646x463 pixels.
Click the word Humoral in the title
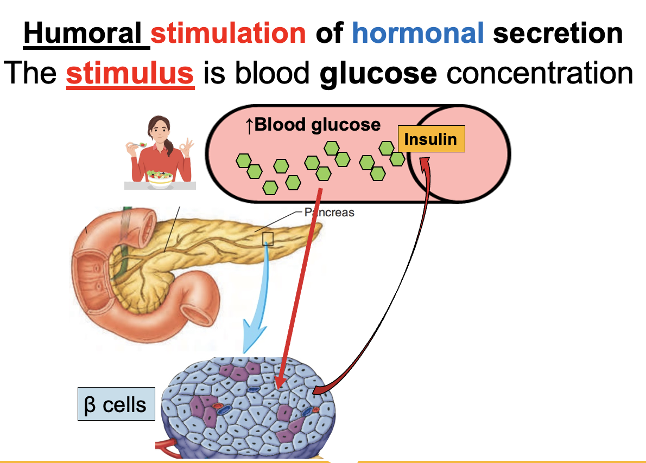86,34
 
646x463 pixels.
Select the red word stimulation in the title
229,34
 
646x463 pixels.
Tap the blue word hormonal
417,34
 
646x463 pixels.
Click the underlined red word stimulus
130,73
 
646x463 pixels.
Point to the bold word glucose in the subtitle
378,73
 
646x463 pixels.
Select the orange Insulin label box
431,139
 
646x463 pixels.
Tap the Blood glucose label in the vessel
313,125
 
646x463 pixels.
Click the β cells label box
116,404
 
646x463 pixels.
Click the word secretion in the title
558,34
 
